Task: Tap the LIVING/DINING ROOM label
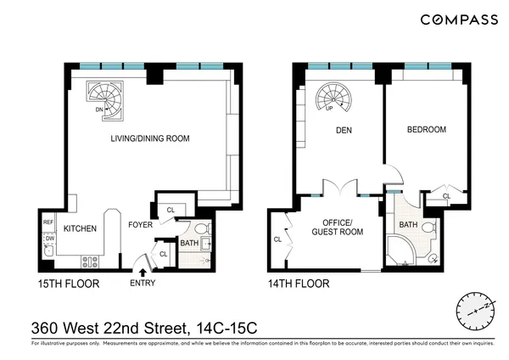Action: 148,138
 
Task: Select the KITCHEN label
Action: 79,228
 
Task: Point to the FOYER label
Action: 140,226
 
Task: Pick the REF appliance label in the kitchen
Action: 48,223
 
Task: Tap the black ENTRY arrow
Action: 142,271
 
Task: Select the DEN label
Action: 344,131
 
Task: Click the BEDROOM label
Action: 426,130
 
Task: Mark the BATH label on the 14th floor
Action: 408,225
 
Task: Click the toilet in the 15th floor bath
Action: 201,229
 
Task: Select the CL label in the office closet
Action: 277,239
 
